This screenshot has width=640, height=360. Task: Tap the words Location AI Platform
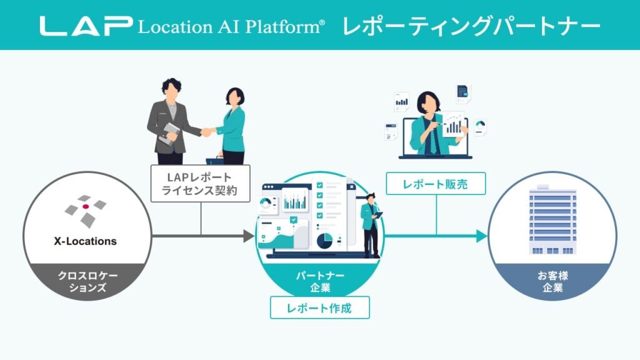click(231, 26)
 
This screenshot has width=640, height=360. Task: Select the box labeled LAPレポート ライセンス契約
click(200, 183)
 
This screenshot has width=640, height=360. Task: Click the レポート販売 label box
click(435, 184)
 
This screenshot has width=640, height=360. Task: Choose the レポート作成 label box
click(319, 308)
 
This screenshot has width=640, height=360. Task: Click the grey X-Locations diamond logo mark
click(86, 210)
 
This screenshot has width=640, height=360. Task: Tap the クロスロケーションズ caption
click(87, 281)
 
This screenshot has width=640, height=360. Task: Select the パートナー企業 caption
click(320, 281)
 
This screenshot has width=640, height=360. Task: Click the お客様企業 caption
click(552, 281)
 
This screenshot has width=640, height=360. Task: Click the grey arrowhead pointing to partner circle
click(248, 236)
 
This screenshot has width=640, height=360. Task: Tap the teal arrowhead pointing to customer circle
click(481, 236)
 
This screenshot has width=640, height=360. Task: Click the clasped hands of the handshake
click(207, 132)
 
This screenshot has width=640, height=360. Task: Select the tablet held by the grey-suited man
click(168, 132)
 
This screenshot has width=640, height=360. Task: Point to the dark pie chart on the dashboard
click(325, 240)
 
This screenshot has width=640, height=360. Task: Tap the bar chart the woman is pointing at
click(454, 125)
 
